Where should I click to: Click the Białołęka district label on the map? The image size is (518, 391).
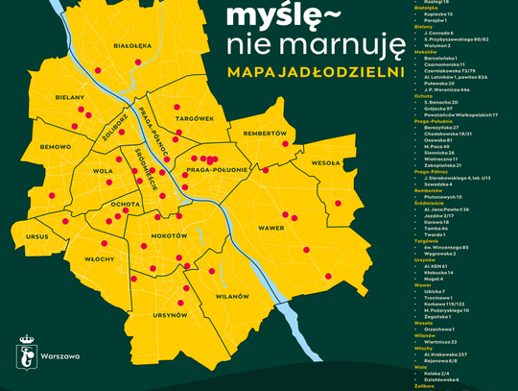tap(132, 45)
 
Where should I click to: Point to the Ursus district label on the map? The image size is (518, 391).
tap(37, 235)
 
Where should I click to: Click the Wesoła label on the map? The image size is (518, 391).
tap(326, 163)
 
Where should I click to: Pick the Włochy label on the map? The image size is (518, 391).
tap(100, 259)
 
